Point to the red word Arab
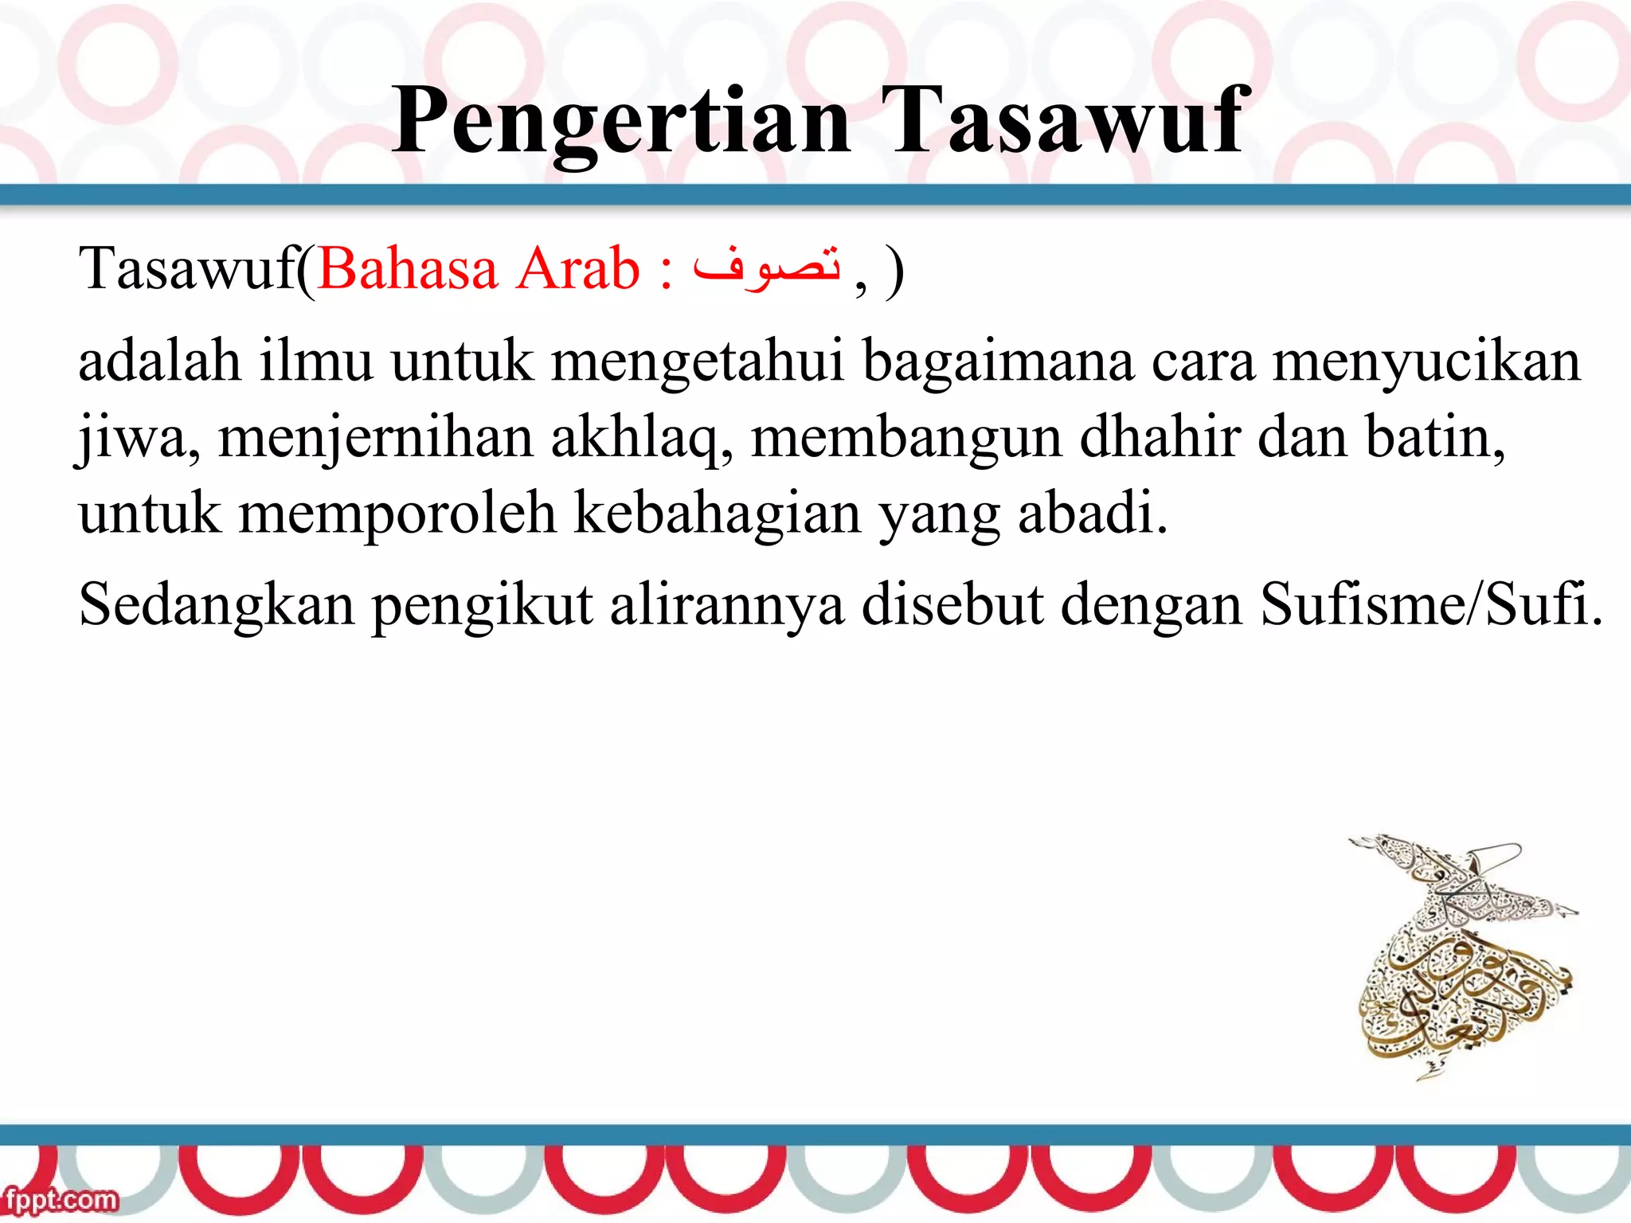point(577,268)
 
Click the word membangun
point(906,439)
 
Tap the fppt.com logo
point(61,1199)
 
